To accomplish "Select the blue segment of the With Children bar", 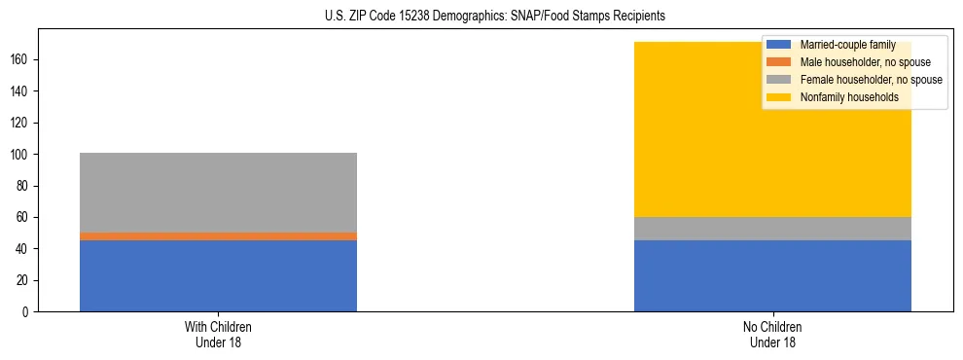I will point(218,275).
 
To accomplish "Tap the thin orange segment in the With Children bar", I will point(218,236).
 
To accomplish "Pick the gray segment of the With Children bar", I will point(218,193).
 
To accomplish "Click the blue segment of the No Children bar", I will point(772,275).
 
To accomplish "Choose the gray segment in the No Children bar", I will point(772,229).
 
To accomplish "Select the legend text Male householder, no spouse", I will point(860,62).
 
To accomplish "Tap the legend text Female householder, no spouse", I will point(871,80).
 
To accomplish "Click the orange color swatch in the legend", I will point(780,62).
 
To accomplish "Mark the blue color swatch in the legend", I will point(780,45).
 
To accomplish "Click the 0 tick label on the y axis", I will point(29,312).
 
